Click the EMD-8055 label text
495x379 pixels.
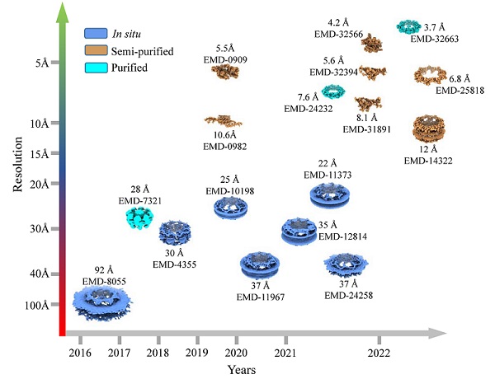[104, 281]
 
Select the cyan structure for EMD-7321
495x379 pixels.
[136, 218]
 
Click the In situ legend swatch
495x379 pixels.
[97, 34]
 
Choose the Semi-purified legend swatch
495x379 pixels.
[97, 51]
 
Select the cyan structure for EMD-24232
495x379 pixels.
[332, 91]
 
